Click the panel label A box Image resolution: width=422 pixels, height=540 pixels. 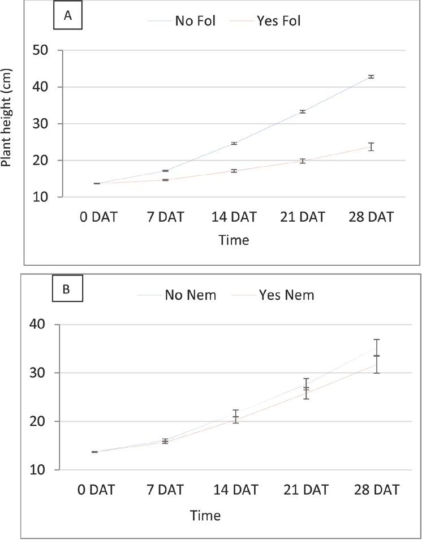coord(67,16)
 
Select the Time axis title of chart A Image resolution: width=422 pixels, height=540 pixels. coord(234,240)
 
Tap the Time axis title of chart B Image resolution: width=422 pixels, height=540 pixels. coord(205,515)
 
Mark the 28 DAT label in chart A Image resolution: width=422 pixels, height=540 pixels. coord(371,217)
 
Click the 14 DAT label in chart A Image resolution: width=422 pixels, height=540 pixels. coord(234,217)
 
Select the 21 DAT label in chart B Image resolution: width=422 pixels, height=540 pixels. coord(306,490)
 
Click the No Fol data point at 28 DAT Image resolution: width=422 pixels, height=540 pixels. coord(371,76)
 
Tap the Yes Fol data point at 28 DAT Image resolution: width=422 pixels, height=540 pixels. coord(371,147)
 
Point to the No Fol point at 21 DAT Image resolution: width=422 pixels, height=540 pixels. coord(303,111)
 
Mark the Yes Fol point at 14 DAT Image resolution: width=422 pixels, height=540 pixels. coord(234,170)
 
